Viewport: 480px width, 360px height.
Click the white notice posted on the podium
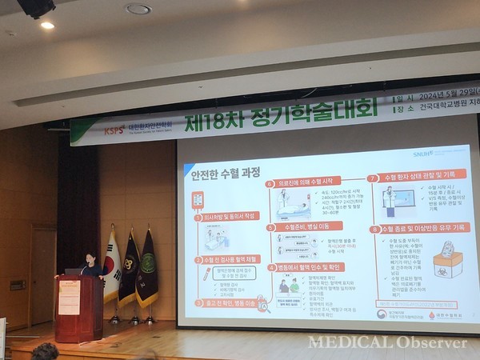pyautogui.click(x=69, y=298)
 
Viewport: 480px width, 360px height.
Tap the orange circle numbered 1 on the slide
pyautogui.click(x=198, y=217)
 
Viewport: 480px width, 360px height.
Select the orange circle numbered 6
pyautogui.click(x=270, y=183)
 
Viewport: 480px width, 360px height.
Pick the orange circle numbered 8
pyautogui.click(x=374, y=229)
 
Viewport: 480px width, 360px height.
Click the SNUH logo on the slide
pyautogui.click(x=421, y=149)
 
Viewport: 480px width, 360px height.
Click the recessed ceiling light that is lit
pyautogui.click(x=47, y=25)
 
